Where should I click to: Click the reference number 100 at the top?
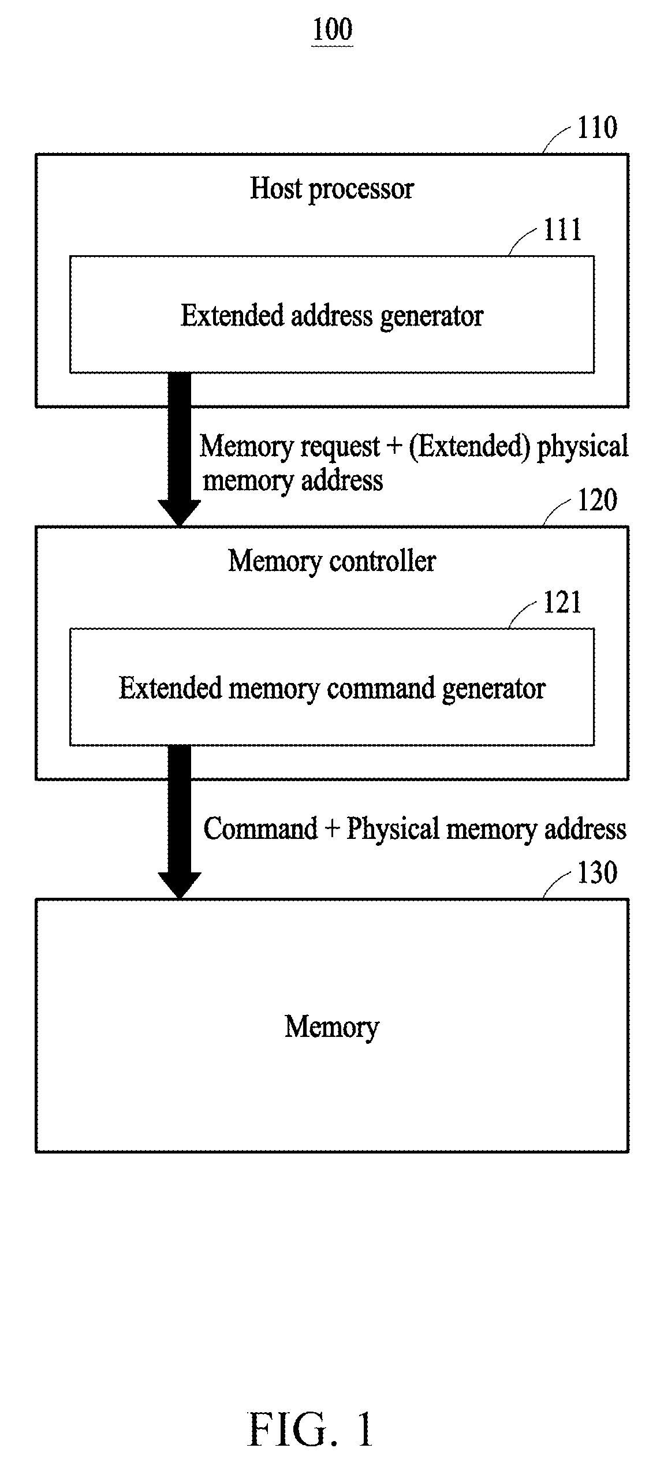point(332,29)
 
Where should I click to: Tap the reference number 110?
point(597,127)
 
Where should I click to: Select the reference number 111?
point(562,230)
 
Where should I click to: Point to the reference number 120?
point(597,499)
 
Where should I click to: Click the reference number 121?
point(562,602)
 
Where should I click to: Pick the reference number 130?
point(597,872)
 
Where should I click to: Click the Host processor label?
point(332,189)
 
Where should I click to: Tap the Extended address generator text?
point(332,316)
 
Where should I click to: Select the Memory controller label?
point(332,561)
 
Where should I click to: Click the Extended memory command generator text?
point(332,689)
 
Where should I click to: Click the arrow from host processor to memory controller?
point(180,449)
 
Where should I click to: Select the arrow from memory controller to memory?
point(180,822)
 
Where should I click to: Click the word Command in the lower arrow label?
point(261,829)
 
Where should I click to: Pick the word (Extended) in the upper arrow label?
point(470,447)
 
